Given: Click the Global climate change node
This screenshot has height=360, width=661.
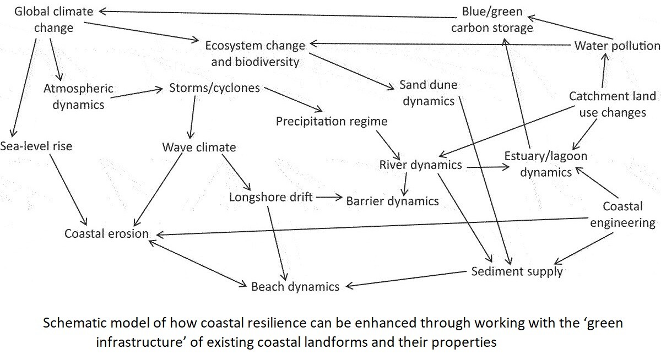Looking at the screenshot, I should click(53, 19).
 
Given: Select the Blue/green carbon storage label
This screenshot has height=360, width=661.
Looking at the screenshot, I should click(492, 20).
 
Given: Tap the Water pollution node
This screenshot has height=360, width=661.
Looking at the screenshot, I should click(617, 46).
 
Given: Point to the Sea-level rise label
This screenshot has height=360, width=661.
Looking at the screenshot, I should click(36, 146).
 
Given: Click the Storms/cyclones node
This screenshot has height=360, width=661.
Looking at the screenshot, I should click(215, 88).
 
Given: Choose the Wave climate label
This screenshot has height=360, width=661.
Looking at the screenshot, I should click(199, 147).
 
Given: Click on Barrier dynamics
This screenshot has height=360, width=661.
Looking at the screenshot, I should click(392, 200).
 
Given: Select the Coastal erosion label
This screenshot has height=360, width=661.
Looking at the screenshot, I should click(106, 233).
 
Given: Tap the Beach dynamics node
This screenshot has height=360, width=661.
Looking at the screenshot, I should click(295, 286).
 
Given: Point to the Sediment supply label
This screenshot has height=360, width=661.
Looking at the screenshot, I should click(517, 271).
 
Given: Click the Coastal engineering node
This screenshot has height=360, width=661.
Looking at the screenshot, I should click(622, 215).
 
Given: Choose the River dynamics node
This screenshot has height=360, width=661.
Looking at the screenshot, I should click(420, 165).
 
